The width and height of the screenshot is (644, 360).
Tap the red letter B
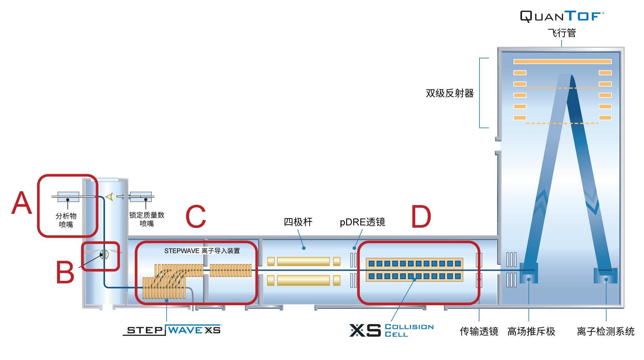[65, 272]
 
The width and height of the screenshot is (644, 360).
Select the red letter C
[196, 217]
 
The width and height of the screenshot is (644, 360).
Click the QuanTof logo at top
[562, 16]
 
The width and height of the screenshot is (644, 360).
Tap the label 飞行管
[562, 33]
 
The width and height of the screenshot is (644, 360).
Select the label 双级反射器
[450, 93]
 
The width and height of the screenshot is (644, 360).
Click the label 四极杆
[298, 222]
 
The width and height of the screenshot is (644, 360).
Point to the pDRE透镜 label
[362, 222]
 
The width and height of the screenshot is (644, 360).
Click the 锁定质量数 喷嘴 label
[147, 219]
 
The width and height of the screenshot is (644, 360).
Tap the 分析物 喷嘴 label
[66, 220]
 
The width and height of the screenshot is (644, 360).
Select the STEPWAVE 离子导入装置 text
[202, 251]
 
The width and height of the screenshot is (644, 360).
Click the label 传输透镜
[479, 331]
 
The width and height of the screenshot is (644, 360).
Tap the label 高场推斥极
[531, 331]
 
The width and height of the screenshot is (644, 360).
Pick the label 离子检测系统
[605, 331]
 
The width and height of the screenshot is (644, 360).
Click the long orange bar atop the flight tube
[562, 62]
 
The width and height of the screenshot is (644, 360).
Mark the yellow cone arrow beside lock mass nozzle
[109, 196]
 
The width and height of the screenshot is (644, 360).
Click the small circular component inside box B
[104, 255]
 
